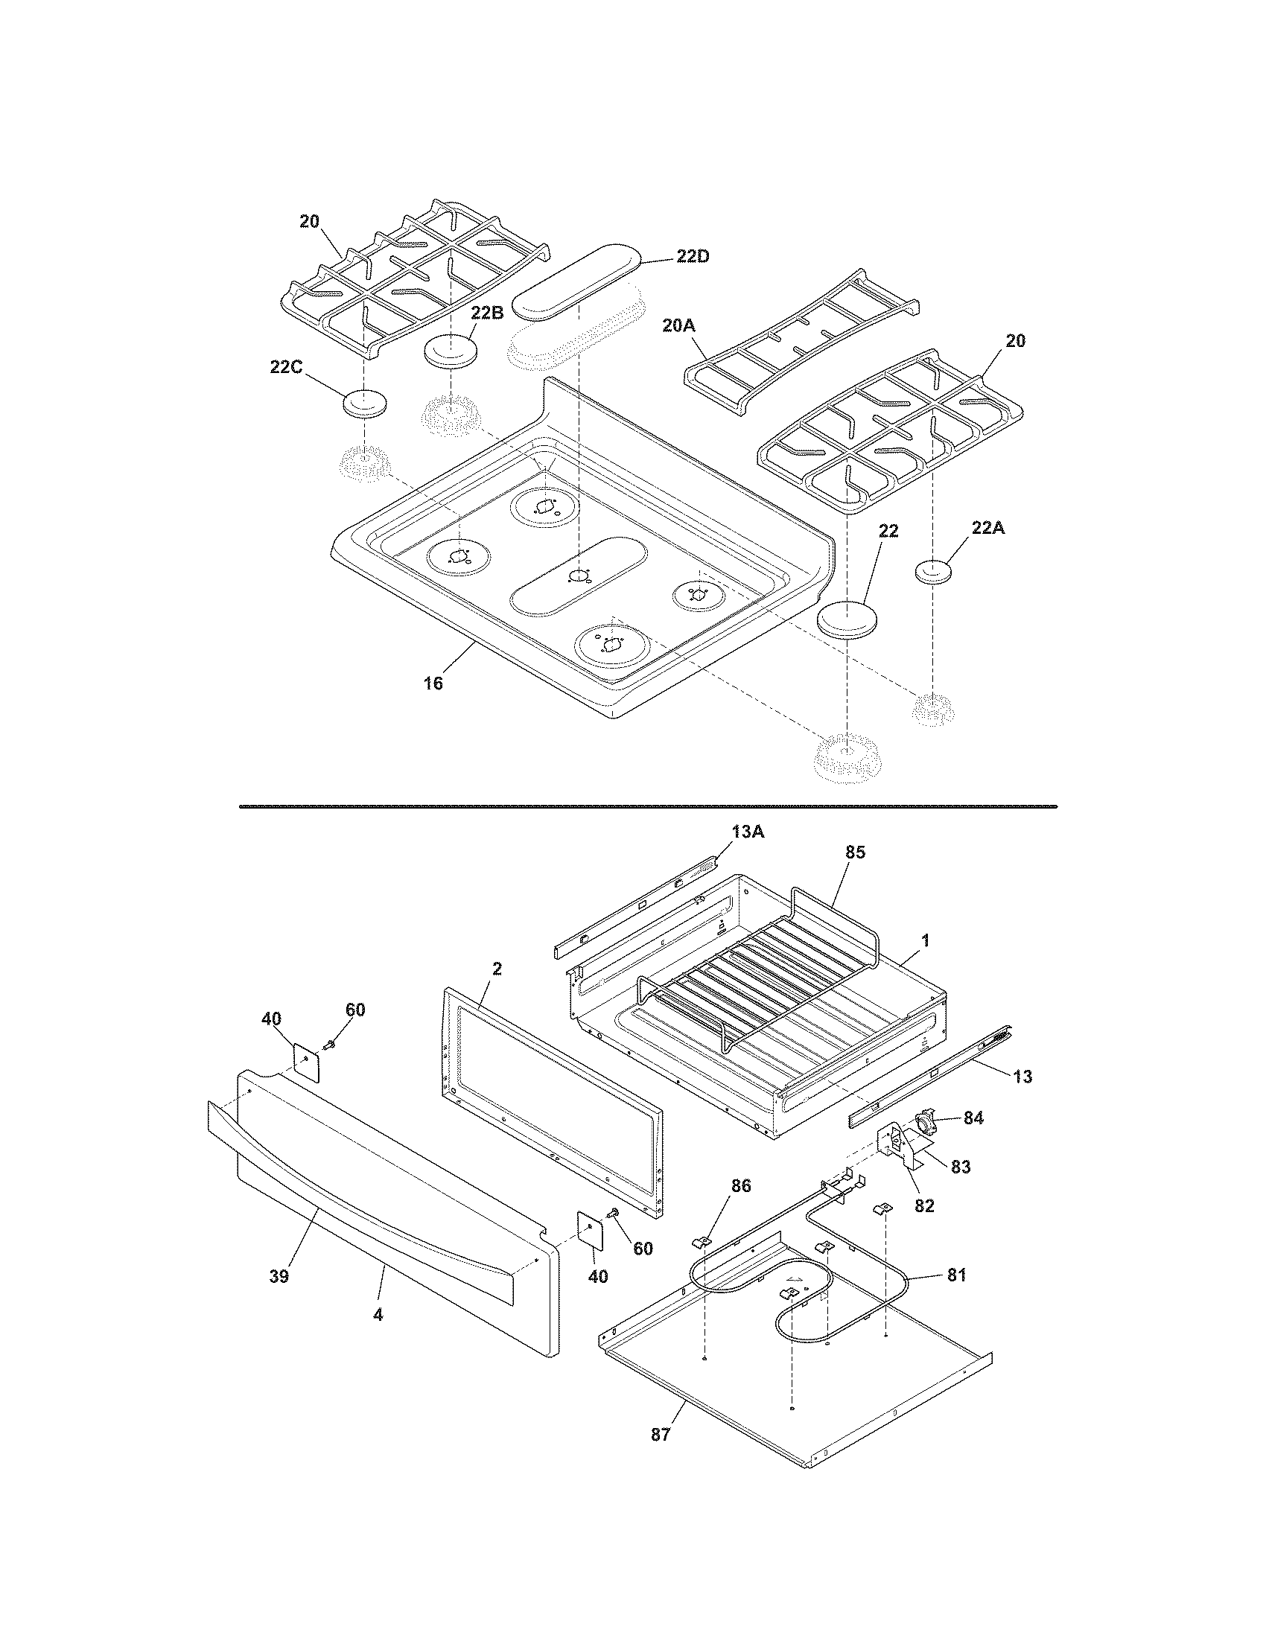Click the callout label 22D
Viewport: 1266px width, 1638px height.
[x=693, y=257]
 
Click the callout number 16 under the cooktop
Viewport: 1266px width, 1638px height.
[x=433, y=683]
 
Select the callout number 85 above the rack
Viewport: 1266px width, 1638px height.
[x=855, y=852]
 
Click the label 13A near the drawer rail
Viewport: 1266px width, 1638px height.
[x=746, y=832]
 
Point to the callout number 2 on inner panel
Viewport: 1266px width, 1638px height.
[x=497, y=968]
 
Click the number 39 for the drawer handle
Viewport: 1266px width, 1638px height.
[x=279, y=1275]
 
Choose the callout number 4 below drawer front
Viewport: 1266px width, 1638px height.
[x=378, y=1314]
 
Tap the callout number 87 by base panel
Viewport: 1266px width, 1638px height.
[x=660, y=1434]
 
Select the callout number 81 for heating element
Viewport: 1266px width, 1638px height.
[x=956, y=1274]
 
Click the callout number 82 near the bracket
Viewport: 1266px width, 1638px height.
[x=924, y=1206]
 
